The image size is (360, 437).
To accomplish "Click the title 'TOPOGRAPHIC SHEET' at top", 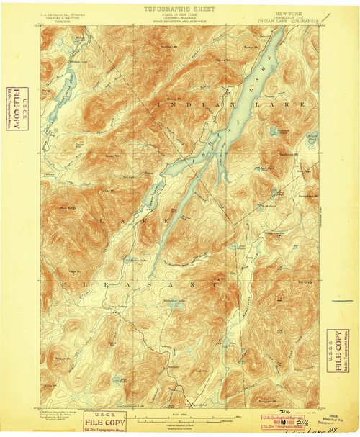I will click(179, 9).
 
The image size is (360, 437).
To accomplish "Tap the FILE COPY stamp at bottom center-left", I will click(100, 418).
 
